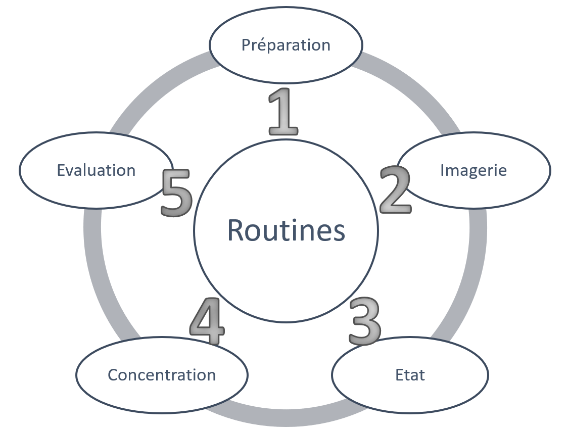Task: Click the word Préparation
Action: tap(286, 45)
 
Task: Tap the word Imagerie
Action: tap(473, 170)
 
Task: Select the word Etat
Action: tap(410, 375)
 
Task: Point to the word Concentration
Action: tap(162, 375)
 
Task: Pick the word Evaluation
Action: tap(96, 170)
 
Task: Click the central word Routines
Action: tap(286, 230)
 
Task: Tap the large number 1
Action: tap(283, 112)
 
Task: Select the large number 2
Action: tap(395, 189)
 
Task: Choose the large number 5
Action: tap(176, 193)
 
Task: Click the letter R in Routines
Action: tap(236, 230)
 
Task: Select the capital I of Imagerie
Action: tap(442, 170)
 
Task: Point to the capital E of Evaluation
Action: tap(61, 170)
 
